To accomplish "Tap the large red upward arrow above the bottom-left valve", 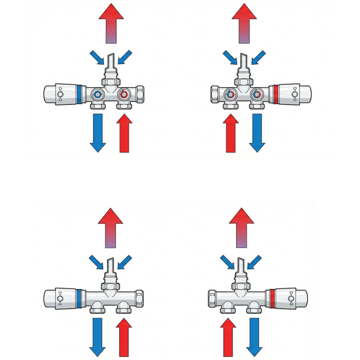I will (110, 227).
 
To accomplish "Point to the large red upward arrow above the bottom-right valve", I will (242, 227).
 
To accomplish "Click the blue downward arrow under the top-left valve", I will (98, 133).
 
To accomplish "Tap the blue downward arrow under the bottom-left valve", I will (98, 337).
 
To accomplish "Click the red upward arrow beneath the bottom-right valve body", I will (228, 337).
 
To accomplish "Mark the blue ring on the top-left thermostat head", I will (80, 94).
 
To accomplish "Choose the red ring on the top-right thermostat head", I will (275, 94).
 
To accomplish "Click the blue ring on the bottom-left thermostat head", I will (79, 298).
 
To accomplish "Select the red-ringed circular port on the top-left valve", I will (123, 95).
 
